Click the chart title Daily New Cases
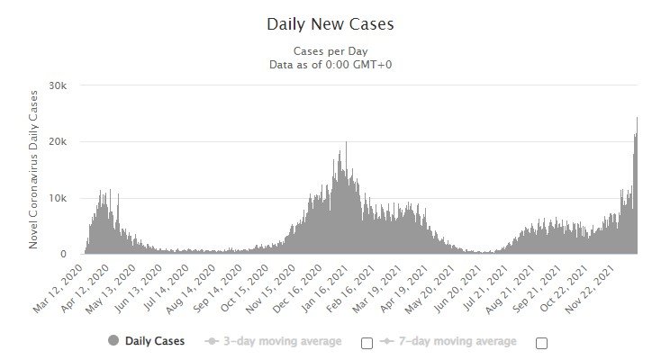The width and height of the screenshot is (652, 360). point(330,23)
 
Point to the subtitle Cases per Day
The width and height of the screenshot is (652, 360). point(330,50)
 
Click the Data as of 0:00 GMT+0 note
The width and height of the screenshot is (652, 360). point(330,64)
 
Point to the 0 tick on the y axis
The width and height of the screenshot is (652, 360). point(76,255)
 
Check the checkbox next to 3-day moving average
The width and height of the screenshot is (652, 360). point(367,343)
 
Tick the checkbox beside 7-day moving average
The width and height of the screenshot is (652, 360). point(541,343)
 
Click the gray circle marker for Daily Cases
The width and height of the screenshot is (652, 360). point(113,341)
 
